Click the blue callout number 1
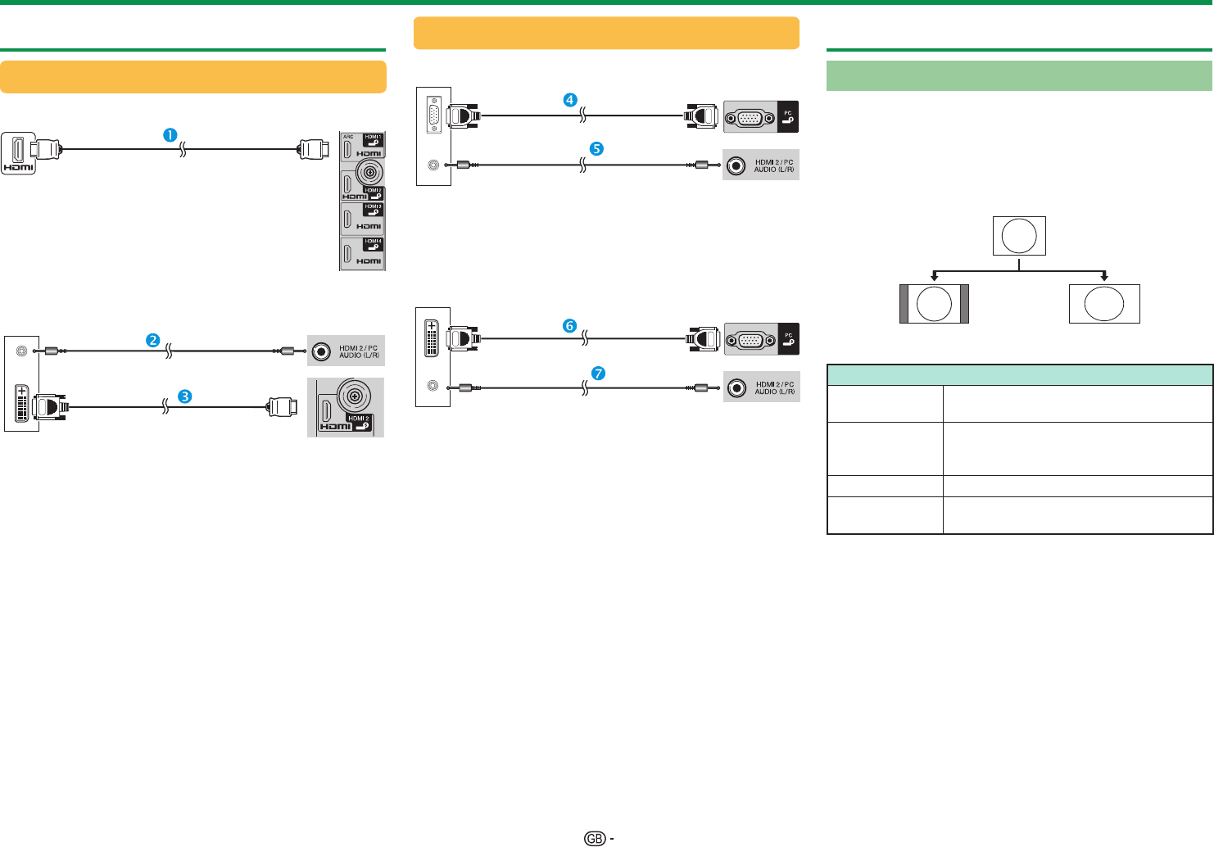click(170, 135)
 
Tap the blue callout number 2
click(152, 340)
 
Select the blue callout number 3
click(185, 396)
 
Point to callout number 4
click(569, 100)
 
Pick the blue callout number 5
click(597, 149)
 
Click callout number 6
click(569, 325)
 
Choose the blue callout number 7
click(599, 374)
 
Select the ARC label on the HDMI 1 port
click(348, 137)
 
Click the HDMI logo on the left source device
click(18, 167)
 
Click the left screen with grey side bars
click(934, 304)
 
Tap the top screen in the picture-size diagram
click(1019, 236)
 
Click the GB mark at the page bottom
click(595, 839)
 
